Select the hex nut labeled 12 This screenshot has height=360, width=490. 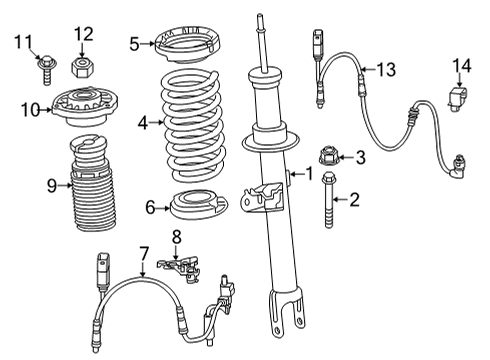83,67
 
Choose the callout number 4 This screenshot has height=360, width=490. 144,123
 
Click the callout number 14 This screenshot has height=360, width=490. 459,66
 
